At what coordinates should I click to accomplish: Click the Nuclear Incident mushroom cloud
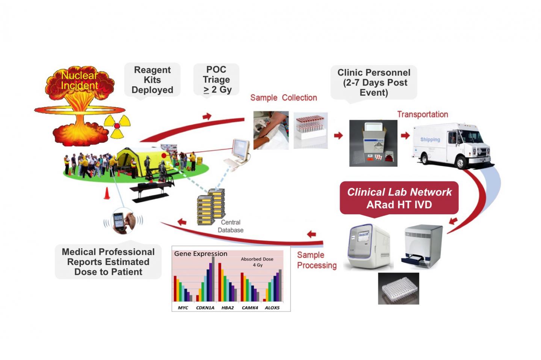[79, 105]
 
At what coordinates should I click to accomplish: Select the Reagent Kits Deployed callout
[152, 80]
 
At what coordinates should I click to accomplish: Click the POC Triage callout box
[216, 80]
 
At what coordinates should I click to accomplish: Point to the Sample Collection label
[284, 98]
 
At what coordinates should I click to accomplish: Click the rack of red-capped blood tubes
[310, 130]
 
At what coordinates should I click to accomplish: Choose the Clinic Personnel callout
[374, 83]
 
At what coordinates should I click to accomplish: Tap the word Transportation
[423, 114]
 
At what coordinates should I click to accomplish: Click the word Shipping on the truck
[430, 140]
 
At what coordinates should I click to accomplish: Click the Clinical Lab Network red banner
[399, 198]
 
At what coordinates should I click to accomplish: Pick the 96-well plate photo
[399, 288]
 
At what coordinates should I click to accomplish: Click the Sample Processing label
[317, 260]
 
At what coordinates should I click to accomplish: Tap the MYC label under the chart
[183, 308]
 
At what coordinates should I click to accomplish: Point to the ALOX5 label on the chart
[272, 308]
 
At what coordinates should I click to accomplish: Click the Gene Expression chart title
[201, 254]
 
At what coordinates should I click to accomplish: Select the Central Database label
[231, 226]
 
